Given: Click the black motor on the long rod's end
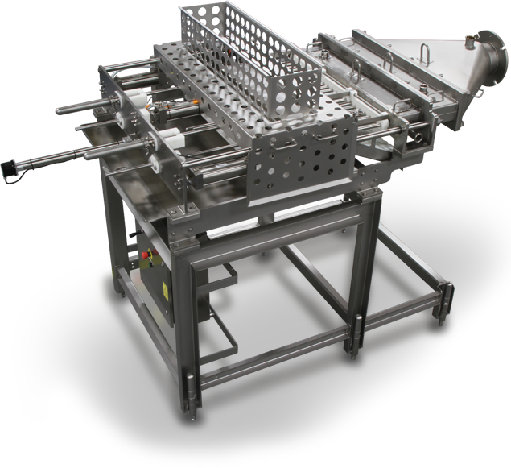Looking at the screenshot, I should (10, 168).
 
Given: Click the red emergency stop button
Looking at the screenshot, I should (146, 256).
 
